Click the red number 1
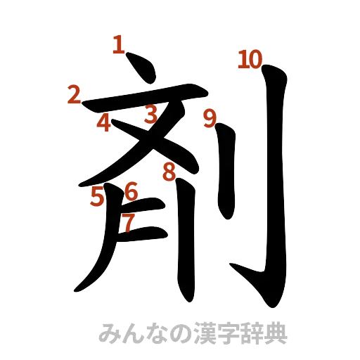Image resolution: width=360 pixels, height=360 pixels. click(119, 46)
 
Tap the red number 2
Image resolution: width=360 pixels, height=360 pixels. click(74, 94)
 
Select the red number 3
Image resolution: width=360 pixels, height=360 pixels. click(150, 113)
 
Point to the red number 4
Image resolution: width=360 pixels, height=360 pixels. click(104, 123)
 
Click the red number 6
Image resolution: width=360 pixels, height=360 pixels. click(131, 191)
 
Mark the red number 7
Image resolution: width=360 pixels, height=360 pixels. click(127, 222)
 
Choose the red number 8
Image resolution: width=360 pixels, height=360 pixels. click(169, 171)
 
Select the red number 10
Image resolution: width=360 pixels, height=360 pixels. click(249, 60)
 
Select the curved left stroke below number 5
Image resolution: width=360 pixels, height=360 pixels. click(98, 253)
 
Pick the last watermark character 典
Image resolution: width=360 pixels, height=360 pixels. click(278, 330)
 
